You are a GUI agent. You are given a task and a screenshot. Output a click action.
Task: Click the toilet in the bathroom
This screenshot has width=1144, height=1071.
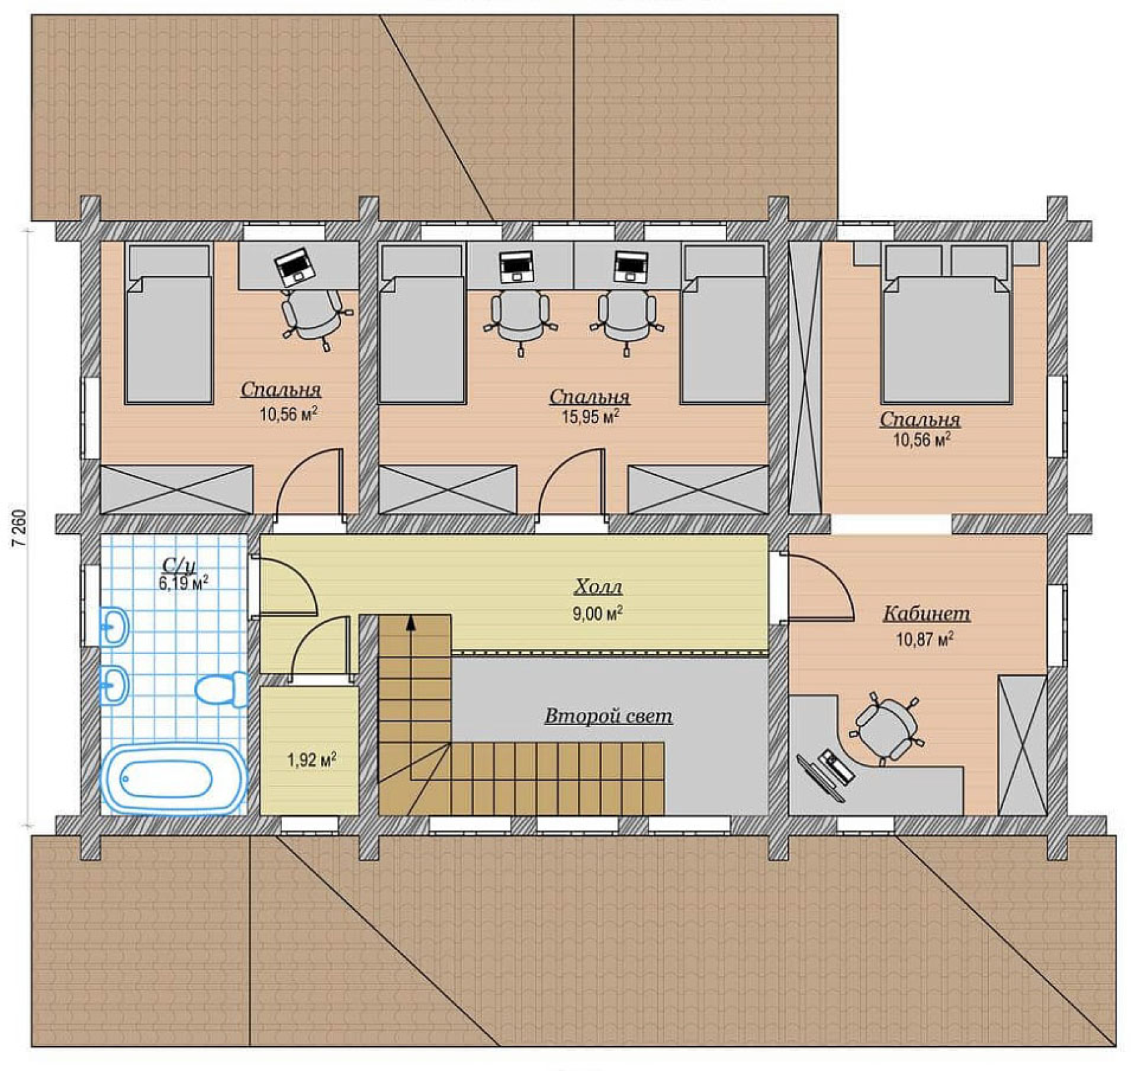click(222, 689)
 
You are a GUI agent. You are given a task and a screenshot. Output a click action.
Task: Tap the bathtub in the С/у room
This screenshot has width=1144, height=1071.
click(173, 779)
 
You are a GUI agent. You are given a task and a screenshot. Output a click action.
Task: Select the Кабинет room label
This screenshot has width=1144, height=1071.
click(926, 614)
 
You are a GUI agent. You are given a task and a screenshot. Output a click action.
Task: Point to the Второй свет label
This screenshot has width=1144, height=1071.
click(608, 716)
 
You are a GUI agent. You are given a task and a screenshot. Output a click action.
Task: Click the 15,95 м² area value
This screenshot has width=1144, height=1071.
click(590, 417)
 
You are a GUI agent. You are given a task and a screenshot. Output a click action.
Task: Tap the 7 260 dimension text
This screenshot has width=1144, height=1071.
click(20, 530)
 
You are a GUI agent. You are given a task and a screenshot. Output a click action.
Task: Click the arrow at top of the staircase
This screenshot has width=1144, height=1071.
click(411, 623)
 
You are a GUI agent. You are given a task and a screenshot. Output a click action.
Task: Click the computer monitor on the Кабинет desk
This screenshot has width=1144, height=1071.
click(820, 778)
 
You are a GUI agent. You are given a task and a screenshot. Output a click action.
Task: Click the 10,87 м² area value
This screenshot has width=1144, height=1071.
click(925, 639)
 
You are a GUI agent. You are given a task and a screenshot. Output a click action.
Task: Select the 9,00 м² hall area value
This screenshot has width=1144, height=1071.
click(598, 613)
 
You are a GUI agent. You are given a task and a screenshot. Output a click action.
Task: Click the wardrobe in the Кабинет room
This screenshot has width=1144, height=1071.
click(1022, 745)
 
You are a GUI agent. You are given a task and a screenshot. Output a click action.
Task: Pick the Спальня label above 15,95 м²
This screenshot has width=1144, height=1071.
click(589, 397)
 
